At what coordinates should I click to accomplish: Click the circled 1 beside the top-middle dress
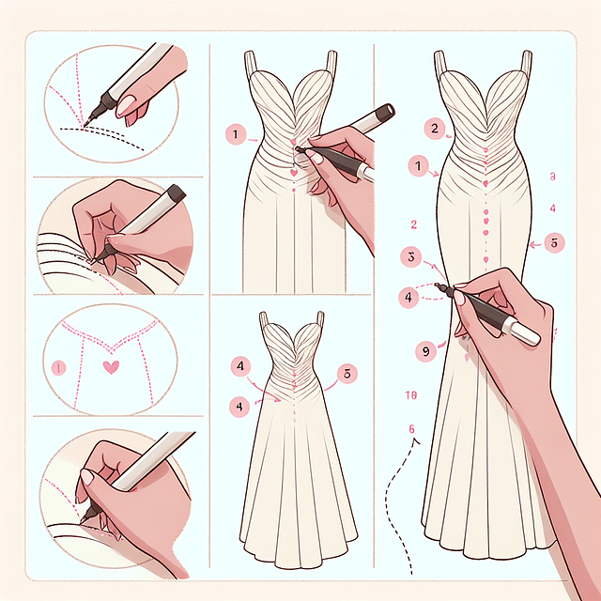click(235, 134)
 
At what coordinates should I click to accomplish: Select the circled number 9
click(425, 350)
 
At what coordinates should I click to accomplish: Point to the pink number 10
click(410, 395)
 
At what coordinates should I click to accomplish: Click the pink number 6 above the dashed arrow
click(411, 429)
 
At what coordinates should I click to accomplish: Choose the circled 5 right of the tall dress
click(554, 243)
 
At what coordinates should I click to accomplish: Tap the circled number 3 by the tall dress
click(408, 255)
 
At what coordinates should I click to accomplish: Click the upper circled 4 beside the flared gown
click(241, 364)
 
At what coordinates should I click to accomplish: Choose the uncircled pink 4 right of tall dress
click(553, 208)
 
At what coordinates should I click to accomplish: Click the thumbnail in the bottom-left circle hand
click(87, 478)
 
